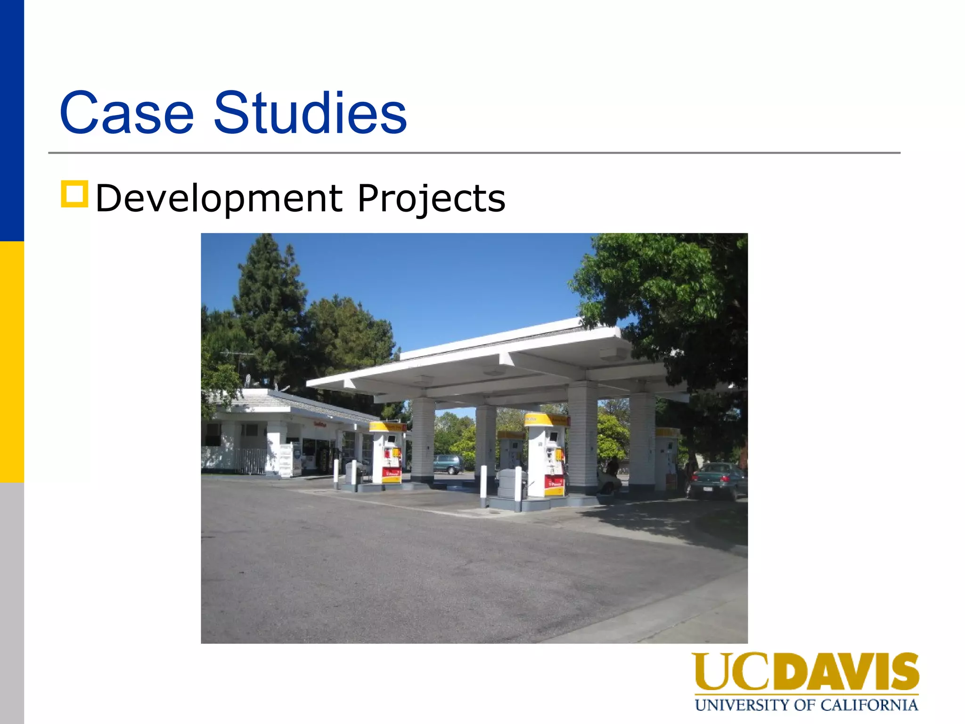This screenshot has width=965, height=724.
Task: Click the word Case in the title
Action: [126, 113]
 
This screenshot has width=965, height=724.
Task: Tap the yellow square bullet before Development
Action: [74, 194]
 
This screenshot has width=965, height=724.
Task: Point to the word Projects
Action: [431, 198]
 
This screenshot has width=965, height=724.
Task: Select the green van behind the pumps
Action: [448, 464]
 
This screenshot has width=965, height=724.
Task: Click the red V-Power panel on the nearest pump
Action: [554, 482]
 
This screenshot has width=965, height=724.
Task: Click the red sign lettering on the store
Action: [320, 425]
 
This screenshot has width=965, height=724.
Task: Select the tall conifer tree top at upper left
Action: [267, 264]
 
